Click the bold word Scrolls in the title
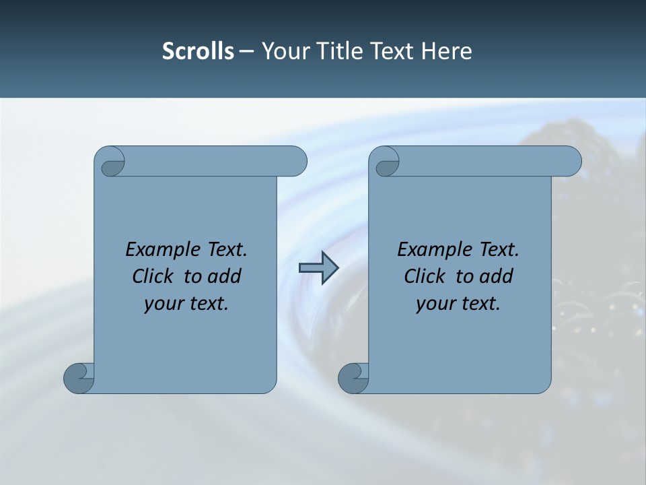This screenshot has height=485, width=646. [x=198, y=51]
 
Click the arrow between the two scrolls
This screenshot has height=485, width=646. [x=318, y=268]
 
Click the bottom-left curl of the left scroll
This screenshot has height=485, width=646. [x=79, y=379]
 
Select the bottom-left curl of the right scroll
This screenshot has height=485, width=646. [x=353, y=379]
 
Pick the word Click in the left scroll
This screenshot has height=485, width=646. [x=153, y=276]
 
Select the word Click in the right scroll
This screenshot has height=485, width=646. [x=425, y=276]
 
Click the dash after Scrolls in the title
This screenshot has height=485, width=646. [x=246, y=52]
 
